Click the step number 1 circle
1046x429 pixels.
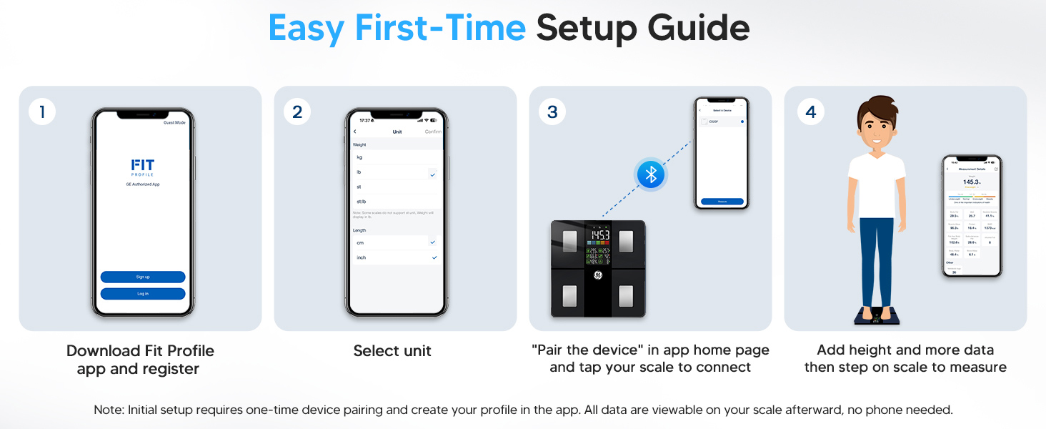[42, 112]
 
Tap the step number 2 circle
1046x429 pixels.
[297, 112]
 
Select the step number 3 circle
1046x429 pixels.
[552, 112]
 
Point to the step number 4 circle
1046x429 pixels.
[810, 112]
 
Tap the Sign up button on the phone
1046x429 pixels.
[143, 277]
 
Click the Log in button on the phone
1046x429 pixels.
[143, 294]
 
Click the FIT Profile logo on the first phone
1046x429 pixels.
[143, 167]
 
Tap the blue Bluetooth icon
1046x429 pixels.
[651, 174]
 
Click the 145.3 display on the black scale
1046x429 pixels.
[599, 235]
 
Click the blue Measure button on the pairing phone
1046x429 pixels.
[722, 202]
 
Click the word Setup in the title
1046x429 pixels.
[587, 28]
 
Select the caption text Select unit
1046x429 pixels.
[392, 351]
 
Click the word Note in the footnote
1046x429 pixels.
[109, 410]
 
